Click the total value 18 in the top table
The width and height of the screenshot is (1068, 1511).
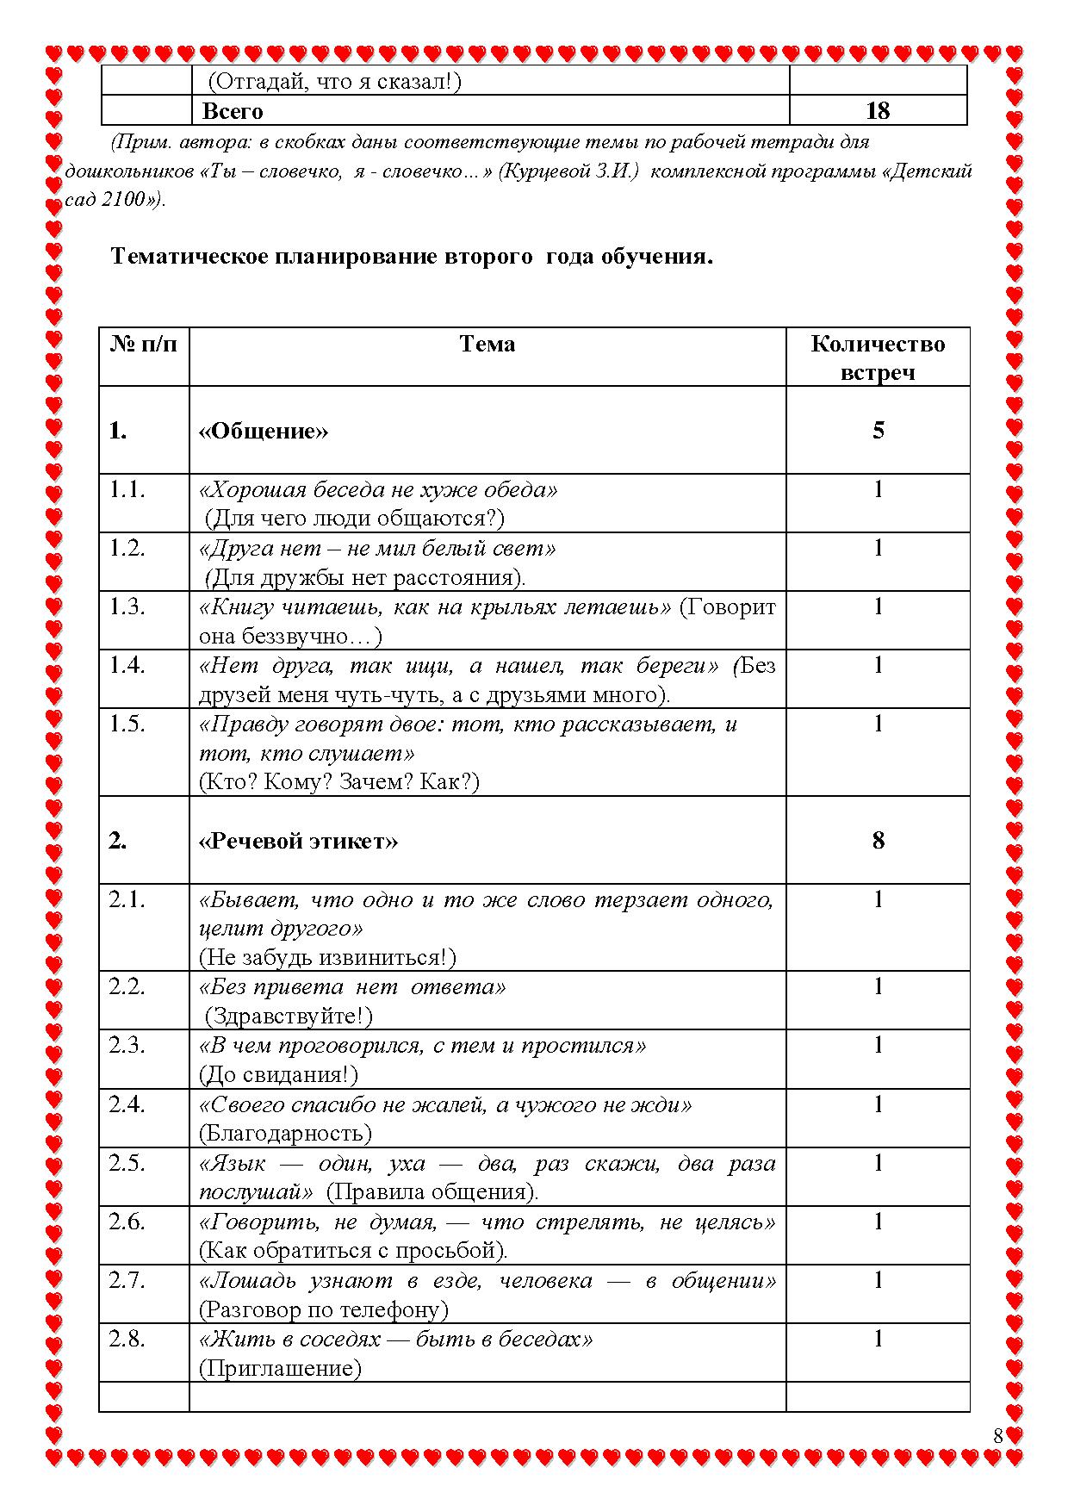click(x=877, y=111)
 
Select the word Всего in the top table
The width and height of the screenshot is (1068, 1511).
click(x=233, y=112)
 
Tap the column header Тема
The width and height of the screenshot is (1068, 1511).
click(x=487, y=345)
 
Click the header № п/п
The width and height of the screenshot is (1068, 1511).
click(x=144, y=345)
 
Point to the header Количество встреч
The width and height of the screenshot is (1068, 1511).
click(x=877, y=358)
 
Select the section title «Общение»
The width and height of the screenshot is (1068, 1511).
click(x=264, y=431)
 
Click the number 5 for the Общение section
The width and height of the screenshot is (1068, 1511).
click(x=878, y=431)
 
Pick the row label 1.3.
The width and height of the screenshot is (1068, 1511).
click(x=127, y=606)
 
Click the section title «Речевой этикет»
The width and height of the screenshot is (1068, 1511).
click(x=298, y=841)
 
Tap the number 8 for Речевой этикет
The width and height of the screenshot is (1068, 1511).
click(x=878, y=841)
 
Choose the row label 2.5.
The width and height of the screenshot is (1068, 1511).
click(x=127, y=1163)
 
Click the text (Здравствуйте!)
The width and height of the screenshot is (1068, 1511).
click(x=289, y=1017)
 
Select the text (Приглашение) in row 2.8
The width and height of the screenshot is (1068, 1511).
click(x=280, y=1369)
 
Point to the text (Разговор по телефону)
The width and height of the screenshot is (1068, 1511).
click(x=324, y=1310)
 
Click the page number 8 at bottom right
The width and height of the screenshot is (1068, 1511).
click(x=998, y=1436)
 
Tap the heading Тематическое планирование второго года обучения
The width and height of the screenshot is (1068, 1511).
click(x=412, y=257)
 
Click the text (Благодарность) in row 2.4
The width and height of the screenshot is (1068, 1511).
click(x=285, y=1134)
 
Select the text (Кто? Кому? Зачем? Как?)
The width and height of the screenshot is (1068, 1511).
click(x=339, y=782)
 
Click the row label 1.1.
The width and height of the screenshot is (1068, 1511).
click(x=127, y=489)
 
